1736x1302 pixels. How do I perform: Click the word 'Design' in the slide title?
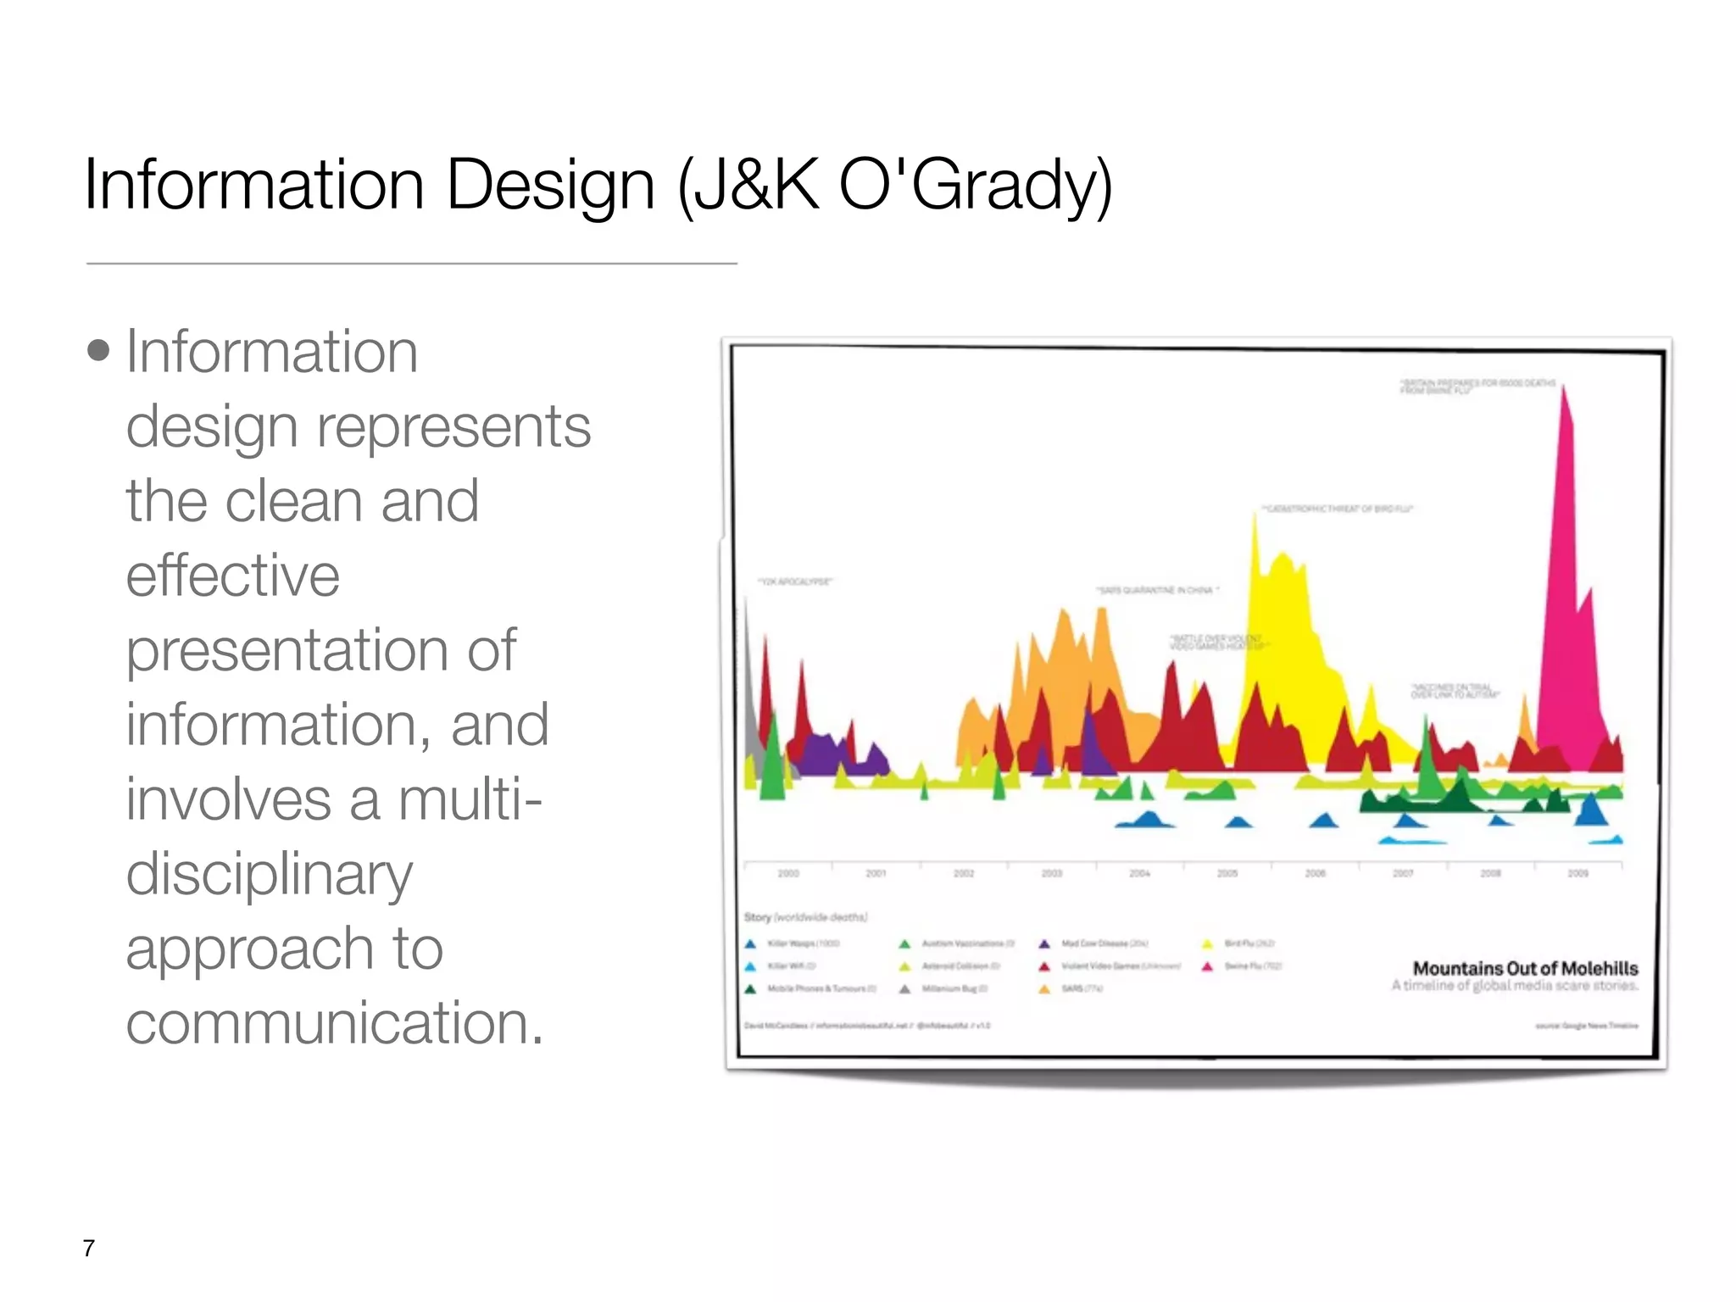(x=550, y=185)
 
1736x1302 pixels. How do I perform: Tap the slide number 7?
(x=89, y=1248)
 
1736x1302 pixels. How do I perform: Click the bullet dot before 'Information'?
(x=99, y=350)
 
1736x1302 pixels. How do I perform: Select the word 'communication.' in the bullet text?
(x=334, y=1023)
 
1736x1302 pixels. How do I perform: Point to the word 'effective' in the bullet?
(x=233, y=576)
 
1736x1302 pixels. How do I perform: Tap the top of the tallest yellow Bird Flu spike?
(x=1255, y=517)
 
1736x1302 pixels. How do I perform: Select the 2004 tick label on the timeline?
(x=1139, y=873)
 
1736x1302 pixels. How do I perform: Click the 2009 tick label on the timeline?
(x=1577, y=873)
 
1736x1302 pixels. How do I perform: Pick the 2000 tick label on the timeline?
(x=788, y=873)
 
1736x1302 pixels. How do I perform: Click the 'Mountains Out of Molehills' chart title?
(x=1525, y=968)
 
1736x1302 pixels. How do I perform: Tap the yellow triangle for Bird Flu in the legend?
(x=1208, y=943)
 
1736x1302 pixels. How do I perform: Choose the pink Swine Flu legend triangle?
(x=1208, y=966)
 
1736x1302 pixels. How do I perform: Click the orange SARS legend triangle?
(x=1044, y=989)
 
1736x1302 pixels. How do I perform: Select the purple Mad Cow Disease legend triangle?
(x=1044, y=943)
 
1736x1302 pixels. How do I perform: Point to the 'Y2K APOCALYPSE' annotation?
(x=795, y=581)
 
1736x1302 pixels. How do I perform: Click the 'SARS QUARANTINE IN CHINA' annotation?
(x=1158, y=589)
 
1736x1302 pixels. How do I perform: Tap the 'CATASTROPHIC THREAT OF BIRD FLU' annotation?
(x=1338, y=509)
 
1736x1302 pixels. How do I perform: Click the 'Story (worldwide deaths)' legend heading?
(x=805, y=917)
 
